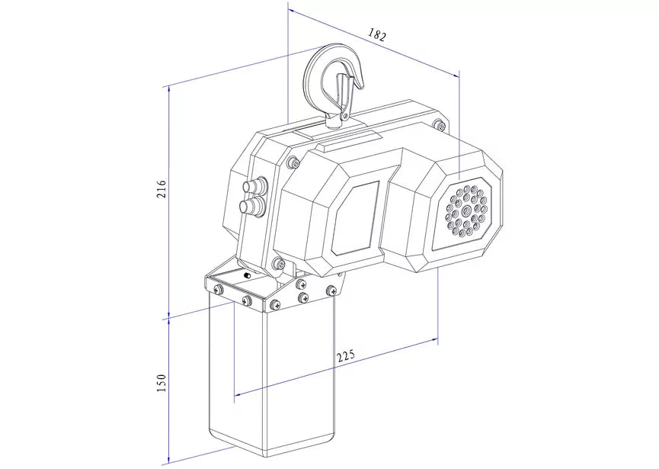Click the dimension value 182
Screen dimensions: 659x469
(x=377, y=34)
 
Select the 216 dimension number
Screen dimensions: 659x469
(x=162, y=189)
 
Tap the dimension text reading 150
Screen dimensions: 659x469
(x=162, y=383)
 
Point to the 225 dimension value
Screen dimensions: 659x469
(x=346, y=355)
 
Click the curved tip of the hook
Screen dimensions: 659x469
(x=360, y=83)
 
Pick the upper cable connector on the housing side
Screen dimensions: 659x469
(x=255, y=185)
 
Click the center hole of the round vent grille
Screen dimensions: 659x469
(x=466, y=210)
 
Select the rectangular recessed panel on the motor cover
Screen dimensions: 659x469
(x=357, y=218)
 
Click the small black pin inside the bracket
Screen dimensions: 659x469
(x=247, y=275)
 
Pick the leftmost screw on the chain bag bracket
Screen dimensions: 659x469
(x=218, y=289)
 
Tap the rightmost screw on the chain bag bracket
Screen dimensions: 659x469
(x=331, y=290)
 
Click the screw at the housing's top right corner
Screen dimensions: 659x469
(x=440, y=125)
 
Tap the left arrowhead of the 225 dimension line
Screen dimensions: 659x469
(x=238, y=394)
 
